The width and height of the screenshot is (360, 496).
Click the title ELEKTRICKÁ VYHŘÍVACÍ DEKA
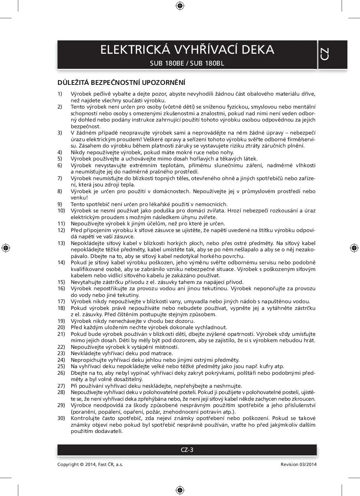187,50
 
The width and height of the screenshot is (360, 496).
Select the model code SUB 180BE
167,63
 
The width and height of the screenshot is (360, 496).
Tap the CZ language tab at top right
325,54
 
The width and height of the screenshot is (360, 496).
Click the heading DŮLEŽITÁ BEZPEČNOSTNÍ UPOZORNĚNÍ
121,82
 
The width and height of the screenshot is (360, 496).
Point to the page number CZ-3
187,450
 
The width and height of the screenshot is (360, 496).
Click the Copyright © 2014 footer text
90,464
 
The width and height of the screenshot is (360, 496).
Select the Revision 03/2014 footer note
299,464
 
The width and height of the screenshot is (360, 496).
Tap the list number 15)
61,282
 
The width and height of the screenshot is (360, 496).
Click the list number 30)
61,418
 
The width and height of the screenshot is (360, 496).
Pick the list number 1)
60,94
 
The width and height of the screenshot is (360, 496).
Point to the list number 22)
61,347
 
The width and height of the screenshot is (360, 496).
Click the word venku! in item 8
79,198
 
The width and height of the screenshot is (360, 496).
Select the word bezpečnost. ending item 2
86,126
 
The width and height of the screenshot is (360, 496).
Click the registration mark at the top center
180,6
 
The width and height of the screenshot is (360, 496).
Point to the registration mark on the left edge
6,248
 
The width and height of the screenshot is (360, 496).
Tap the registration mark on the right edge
354,248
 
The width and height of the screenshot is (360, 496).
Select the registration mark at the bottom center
180,490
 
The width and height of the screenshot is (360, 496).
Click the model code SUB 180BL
207,63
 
